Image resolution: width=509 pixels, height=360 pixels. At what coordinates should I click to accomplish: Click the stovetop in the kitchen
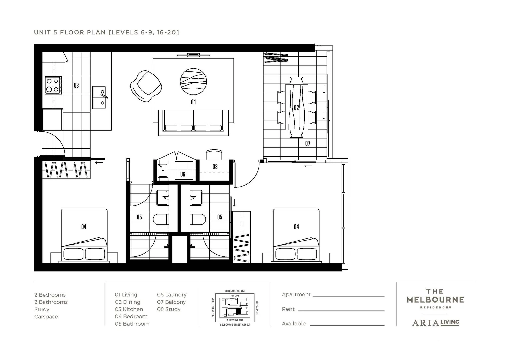tap(53, 85)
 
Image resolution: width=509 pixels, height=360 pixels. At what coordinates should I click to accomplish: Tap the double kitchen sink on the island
tap(99, 97)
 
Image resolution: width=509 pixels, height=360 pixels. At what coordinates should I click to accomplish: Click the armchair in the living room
tap(146, 86)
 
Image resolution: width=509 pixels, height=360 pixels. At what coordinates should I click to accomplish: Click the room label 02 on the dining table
tap(296, 108)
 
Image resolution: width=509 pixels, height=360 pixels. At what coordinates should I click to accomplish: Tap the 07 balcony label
tap(308, 144)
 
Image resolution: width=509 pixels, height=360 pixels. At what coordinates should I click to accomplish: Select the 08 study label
tap(215, 166)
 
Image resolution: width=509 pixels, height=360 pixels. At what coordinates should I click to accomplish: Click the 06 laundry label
tap(183, 174)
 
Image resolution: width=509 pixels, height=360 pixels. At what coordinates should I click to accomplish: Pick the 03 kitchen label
tap(76, 86)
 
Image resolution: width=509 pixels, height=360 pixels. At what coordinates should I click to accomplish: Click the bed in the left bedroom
tap(84, 235)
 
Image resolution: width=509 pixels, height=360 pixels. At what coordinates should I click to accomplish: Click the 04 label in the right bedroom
tap(296, 227)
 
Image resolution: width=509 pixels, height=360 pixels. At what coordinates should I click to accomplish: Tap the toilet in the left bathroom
tap(161, 220)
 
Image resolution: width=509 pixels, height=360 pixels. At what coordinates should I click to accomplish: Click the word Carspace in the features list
tap(46, 317)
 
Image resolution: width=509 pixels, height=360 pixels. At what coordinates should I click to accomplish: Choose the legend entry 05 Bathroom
tap(132, 324)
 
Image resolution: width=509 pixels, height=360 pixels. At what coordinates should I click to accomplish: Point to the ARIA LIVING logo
tap(435, 322)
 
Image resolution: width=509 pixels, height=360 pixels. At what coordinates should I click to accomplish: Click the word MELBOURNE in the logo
tap(435, 300)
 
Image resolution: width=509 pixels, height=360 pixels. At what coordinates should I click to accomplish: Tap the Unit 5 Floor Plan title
tap(106, 32)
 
